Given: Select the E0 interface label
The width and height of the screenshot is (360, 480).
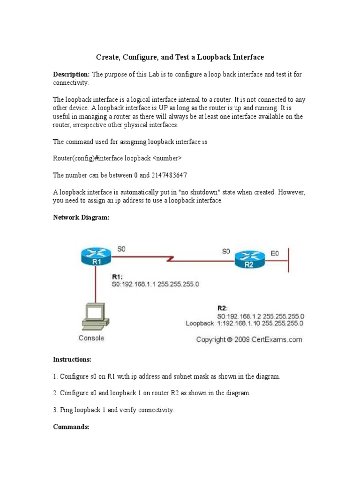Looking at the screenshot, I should click(275, 253).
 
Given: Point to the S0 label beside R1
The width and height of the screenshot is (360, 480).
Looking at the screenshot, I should click(121, 250).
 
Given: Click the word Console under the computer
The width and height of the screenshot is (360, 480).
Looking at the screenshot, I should click(91, 337).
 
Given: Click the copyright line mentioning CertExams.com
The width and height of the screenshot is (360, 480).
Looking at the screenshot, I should click(249, 339).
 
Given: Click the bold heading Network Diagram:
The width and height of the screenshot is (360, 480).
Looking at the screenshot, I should click(81, 217).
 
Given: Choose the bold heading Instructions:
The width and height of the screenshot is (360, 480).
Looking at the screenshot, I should click(72, 360).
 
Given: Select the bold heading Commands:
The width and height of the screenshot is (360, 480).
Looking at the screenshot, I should click(71, 427).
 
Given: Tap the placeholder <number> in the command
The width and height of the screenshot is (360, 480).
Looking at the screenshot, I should click(167, 158).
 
